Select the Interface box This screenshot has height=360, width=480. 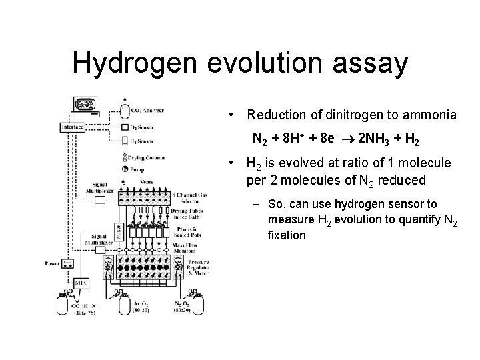[73, 127]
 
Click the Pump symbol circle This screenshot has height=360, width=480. [124, 169]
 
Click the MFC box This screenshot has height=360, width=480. [81, 283]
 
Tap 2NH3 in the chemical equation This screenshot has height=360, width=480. [377, 140]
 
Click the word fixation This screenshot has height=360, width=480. [287, 235]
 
